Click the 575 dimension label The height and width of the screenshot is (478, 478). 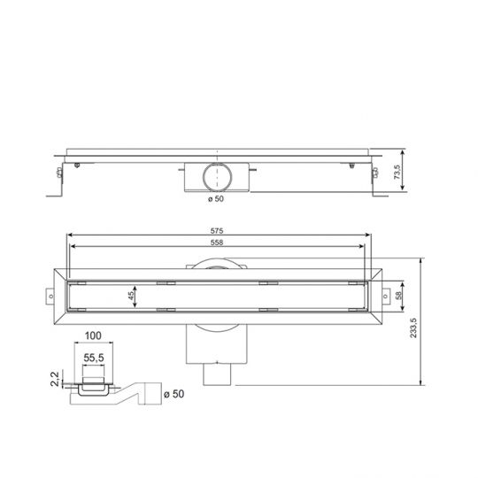[x=217, y=232]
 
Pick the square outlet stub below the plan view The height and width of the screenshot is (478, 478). [x=217, y=377]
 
